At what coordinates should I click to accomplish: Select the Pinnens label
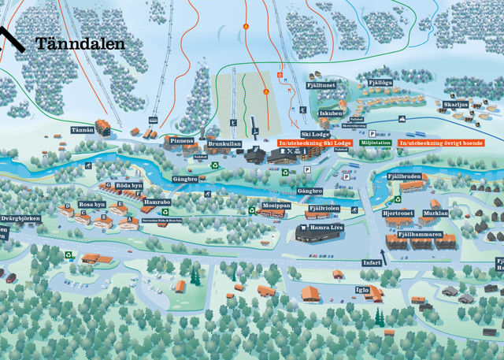tap(182, 140)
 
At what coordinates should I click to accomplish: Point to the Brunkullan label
tap(224, 144)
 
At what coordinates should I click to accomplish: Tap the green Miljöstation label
tap(376, 143)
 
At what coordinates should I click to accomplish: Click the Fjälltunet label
tap(321, 84)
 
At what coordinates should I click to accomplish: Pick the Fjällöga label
tap(380, 82)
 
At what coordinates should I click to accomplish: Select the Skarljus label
tap(455, 104)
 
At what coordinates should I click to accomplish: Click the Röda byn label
tap(128, 185)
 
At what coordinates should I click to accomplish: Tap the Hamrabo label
tap(157, 202)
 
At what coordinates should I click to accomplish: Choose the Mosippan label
tap(276, 205)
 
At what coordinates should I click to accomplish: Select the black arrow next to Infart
tap(387, 252)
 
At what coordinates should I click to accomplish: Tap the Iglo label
tap(362, 289)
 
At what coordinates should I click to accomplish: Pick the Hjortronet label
tap(398, 213)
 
